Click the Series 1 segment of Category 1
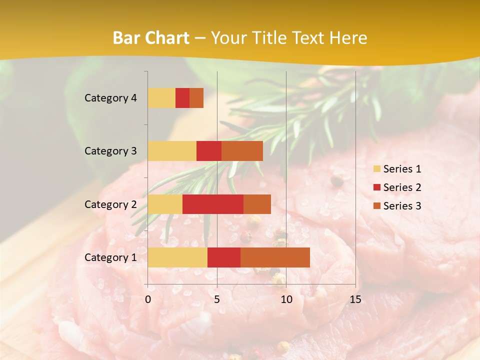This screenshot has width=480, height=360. coord(177,257)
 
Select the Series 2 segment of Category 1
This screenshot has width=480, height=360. coord(224,257)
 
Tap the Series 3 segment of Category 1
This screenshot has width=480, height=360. coord(275,257)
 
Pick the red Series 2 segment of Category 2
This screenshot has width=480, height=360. coord(213,204)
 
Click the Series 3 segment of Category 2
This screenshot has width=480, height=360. coord(257,204)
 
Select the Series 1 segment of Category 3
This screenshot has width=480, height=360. coord(172,151)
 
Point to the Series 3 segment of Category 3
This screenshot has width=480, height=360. coord(242,151)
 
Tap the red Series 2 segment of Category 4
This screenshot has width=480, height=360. coord(182,98)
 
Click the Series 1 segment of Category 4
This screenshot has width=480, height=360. coord(161,98)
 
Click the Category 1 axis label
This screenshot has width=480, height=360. coord(110,257)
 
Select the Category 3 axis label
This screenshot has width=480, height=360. coord(110,151)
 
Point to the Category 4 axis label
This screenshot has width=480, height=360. coord(110,98)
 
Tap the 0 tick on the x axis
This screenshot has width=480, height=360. coord(148,299)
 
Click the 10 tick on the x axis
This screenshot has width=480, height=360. coord(286,299)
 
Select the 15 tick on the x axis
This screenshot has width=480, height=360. coord(355,299)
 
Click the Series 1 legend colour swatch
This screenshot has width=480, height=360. coord(376,169)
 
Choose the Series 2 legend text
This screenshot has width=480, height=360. coord(402,187)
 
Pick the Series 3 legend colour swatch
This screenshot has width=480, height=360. coord(376,206)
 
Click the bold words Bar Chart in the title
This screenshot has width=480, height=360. coord(151,38)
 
